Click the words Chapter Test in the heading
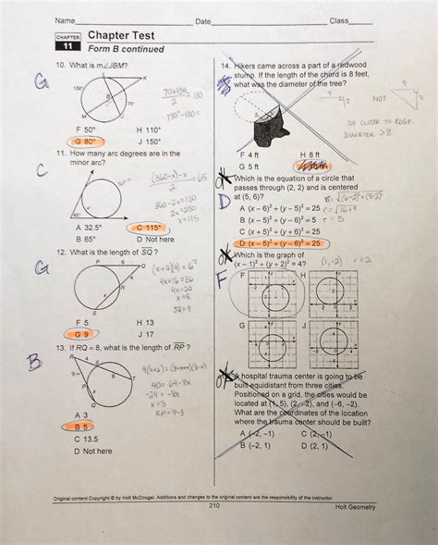click(x=119, y=34)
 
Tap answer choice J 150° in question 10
click(x=152, y=142)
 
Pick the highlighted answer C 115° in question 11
click(x=149, y=227)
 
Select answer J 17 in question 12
click(x=146, y=332)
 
